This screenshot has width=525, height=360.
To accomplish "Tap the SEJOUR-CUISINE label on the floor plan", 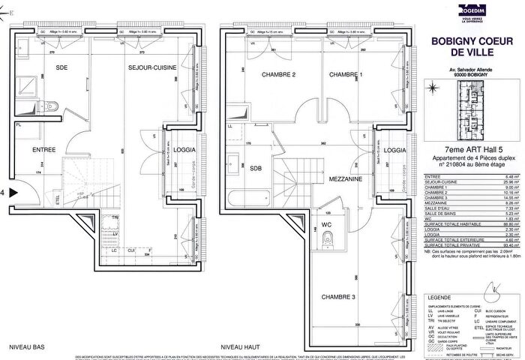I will (x=153, y=67).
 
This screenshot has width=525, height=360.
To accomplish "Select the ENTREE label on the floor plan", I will (x=24, y=150).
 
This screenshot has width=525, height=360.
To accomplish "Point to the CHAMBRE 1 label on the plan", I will (x=345, y=75).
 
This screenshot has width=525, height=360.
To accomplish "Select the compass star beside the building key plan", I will (x=436, y=89).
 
